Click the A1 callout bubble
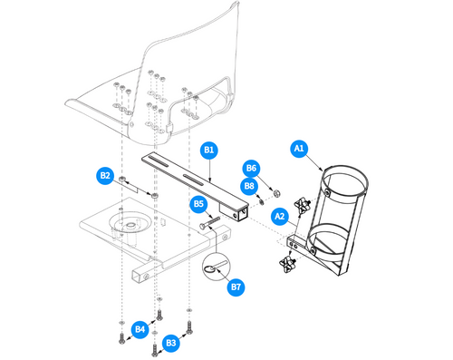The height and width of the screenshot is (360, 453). pyautogui.click(x=298, y=147)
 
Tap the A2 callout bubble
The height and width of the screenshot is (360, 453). pyautogui.click(x=280, y=217)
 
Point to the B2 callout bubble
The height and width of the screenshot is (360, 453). pyautogui.click(x=105, y=175)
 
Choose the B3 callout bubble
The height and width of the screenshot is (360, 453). pyautogui.click(x=171, y=342)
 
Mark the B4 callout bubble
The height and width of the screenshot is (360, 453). pyautogui.click(x=140, y=328)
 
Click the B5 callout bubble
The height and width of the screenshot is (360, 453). pyautogui.click(x=198, y=205)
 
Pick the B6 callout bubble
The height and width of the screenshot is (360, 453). pyautogui.click(x=251, y=169)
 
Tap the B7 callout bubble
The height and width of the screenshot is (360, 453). pyautogui.click(x=236, y=287)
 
